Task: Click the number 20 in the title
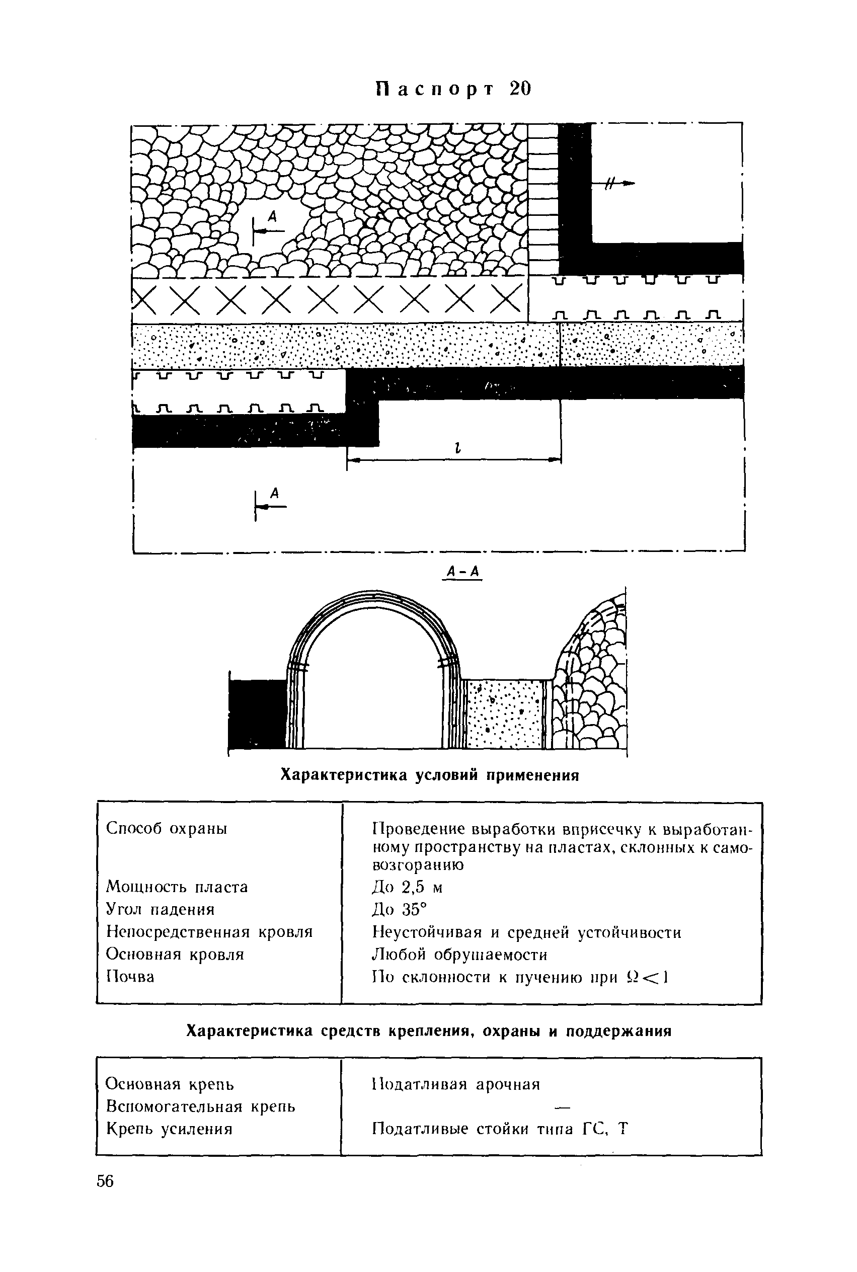click(x=519, y=89)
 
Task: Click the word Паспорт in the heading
click(x=435, y=89)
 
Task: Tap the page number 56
click(x=105, y=1181)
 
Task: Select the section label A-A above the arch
click(x=462, y=572)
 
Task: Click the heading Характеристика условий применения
click(x=429, y=775)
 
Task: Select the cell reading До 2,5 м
click(x=407, y=888)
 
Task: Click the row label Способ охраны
click(x=167, y=828)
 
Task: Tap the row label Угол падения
click(x=160, y=910)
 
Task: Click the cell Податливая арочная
click(x=456, y=1084)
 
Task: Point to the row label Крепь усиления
click(x=170, y=1129)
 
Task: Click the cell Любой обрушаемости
click(x=459, y=955)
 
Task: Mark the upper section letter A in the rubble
click(x=272, y=217)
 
